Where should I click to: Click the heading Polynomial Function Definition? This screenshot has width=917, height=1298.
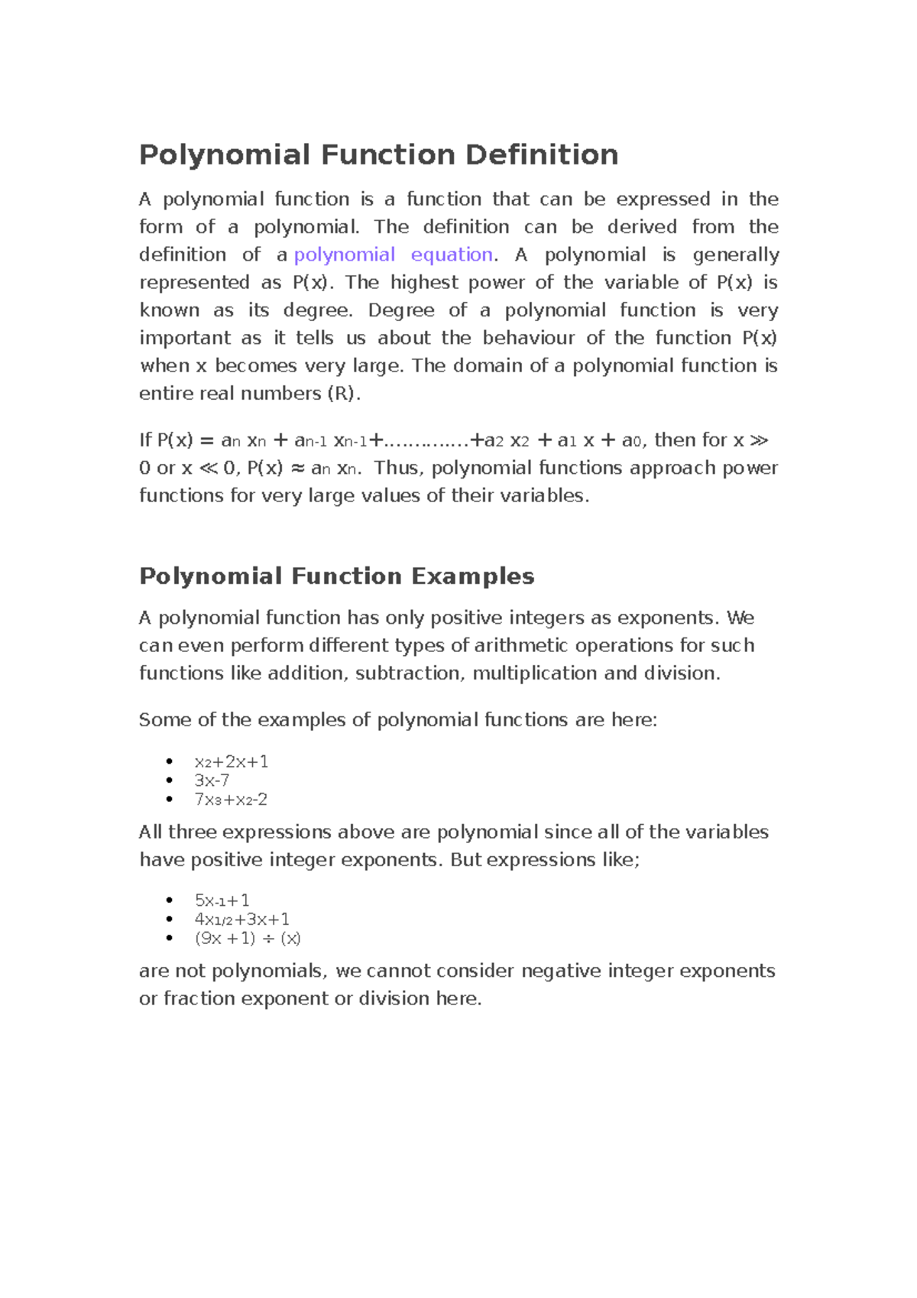click(378, 155)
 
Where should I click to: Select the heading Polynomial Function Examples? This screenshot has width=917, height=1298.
click(336, 576)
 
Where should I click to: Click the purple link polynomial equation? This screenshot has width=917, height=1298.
click(393, 255)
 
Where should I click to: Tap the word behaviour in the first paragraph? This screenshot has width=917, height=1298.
click(528, 338)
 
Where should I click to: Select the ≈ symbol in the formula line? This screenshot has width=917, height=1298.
click(298, 468)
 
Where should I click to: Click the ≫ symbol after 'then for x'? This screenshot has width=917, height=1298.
click(759, 440)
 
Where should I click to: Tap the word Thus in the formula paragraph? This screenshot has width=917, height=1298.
click(396, 468)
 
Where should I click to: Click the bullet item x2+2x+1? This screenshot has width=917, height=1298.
click(231, 762)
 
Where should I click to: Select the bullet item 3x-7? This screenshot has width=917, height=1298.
click(212, 780)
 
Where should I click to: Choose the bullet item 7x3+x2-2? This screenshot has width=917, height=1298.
click(231, 800)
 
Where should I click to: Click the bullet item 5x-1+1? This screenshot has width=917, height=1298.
click(222, 900)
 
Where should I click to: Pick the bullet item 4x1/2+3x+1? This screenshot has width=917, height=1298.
click(241, 920)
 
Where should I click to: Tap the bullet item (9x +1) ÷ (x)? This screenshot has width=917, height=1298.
click(248, 939)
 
